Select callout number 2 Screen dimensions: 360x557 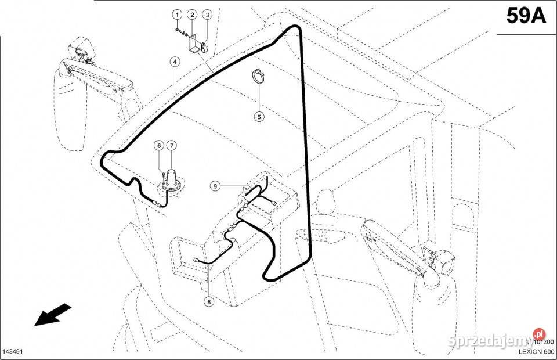click(191, 13)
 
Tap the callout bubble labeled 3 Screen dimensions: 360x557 click(207, 13)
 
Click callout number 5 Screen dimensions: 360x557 click(259, 116)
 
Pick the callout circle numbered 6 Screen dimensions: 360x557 click(158, 145)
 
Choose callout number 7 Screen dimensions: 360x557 click(172, 145)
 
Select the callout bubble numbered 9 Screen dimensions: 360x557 click(215, 186)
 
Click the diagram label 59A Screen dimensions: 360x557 click(526, 16)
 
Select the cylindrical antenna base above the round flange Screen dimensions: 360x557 click(172, 175)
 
